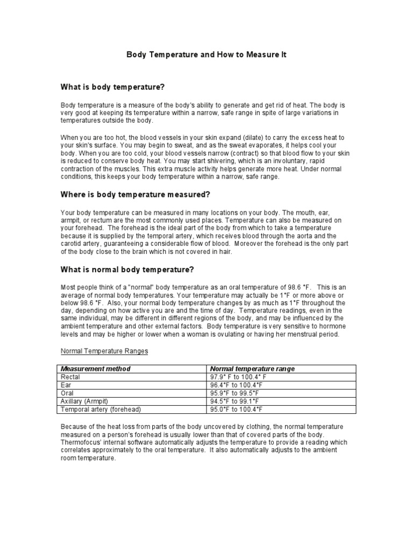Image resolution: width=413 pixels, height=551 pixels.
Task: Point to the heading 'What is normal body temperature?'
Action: (x=127, y=269)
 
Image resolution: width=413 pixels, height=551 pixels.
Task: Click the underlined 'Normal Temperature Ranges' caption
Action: (x=104, y=351)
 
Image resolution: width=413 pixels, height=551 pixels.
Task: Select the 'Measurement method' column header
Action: (x=96, y=369)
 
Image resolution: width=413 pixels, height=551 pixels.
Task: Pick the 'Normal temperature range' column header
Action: (x=252, y=369)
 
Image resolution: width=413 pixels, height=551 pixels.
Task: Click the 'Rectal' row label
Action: (x=71, y=377)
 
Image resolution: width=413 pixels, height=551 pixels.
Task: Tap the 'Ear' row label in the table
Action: (x=67, y=385)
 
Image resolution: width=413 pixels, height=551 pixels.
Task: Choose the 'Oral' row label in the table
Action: (x=68, y=393)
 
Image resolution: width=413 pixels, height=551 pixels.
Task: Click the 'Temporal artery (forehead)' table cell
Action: (x=101, y=409)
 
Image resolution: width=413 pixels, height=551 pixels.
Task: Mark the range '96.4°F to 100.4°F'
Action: (x=236, y=385)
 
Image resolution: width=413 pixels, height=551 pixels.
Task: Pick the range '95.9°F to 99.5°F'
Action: (x=235, y=393)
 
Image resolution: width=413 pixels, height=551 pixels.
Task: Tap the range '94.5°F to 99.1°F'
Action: (x=234, y=401)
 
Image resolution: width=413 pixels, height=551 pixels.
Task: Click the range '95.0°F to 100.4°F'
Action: (x=236, y=409)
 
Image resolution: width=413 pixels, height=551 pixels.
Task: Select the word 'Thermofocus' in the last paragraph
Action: (x=81, y=442)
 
